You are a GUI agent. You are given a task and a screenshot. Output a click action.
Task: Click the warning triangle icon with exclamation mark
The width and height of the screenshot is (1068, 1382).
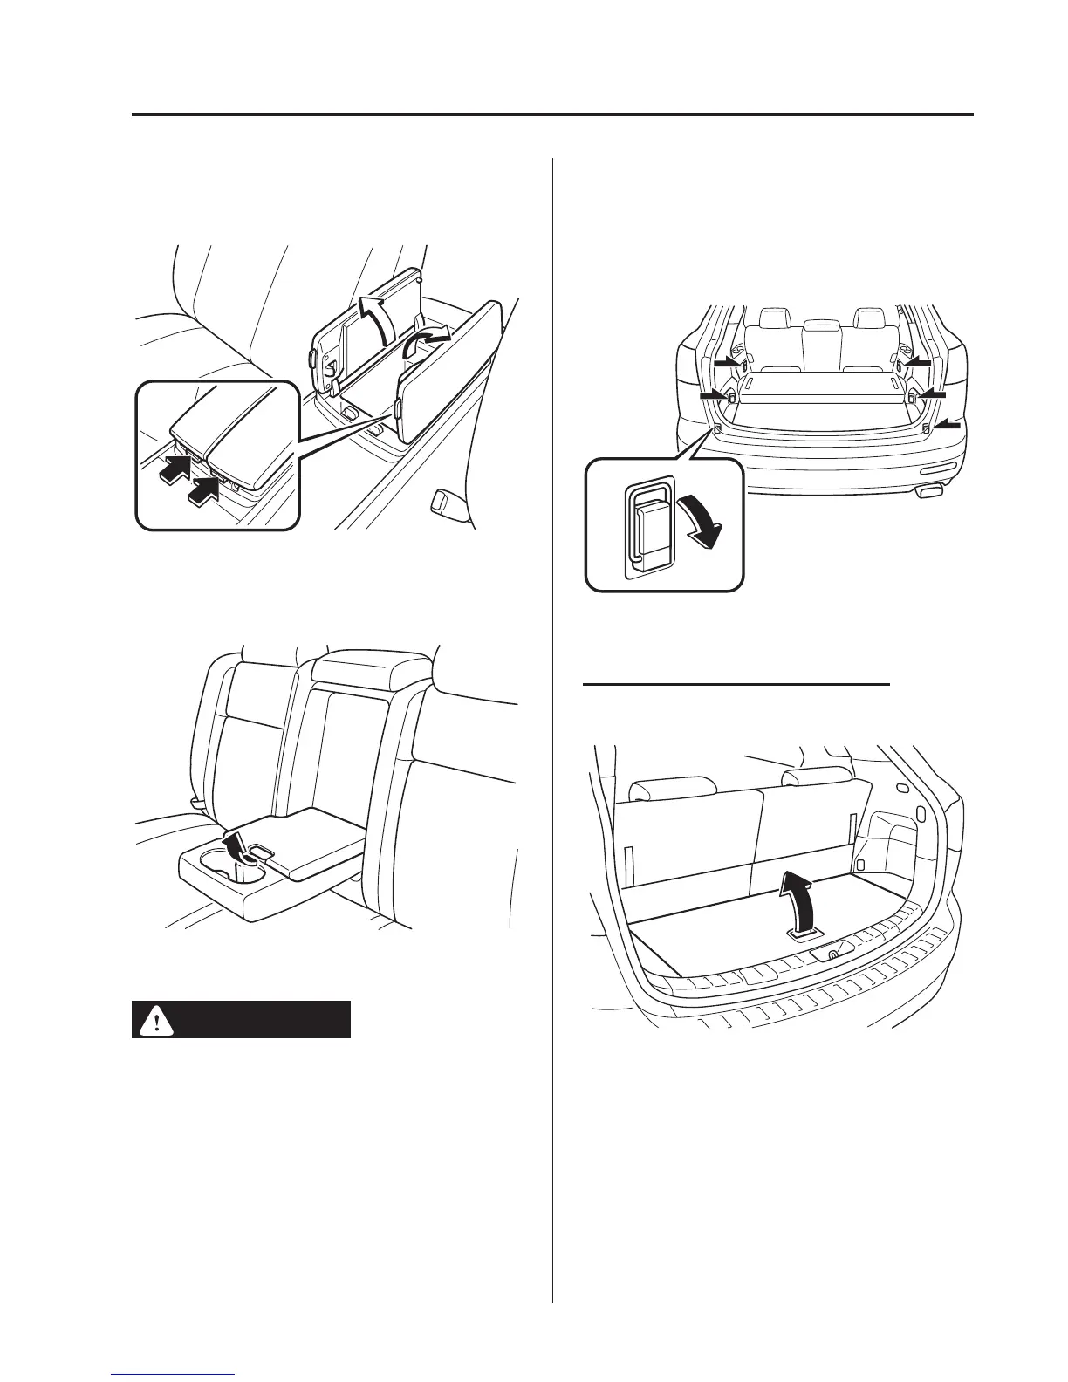[157, 1020]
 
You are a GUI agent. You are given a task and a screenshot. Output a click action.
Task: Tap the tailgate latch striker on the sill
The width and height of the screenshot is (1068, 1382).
[832, 954]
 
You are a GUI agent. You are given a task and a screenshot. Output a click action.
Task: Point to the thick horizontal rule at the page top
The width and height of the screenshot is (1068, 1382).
[551, 114]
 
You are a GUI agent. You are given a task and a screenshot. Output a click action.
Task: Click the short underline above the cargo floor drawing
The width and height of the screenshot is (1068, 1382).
[736, 685]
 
